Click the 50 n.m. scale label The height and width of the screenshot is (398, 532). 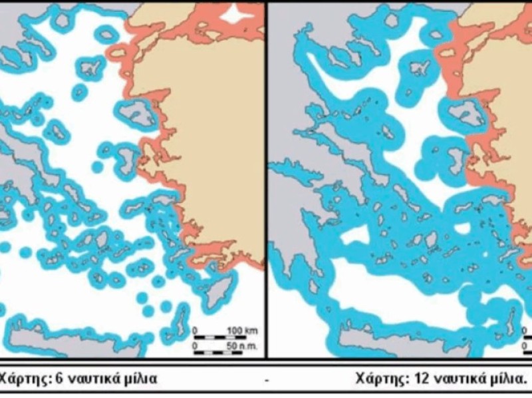coord(237,347)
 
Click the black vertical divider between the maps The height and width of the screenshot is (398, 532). coord(266,180)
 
